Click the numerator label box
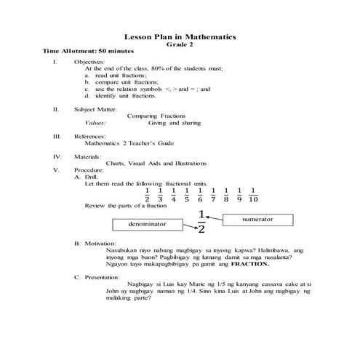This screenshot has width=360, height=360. click(x=257, y=218)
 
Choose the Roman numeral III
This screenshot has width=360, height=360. click(x=56, y=136)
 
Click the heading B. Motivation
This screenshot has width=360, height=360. click(x=95, y=243)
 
